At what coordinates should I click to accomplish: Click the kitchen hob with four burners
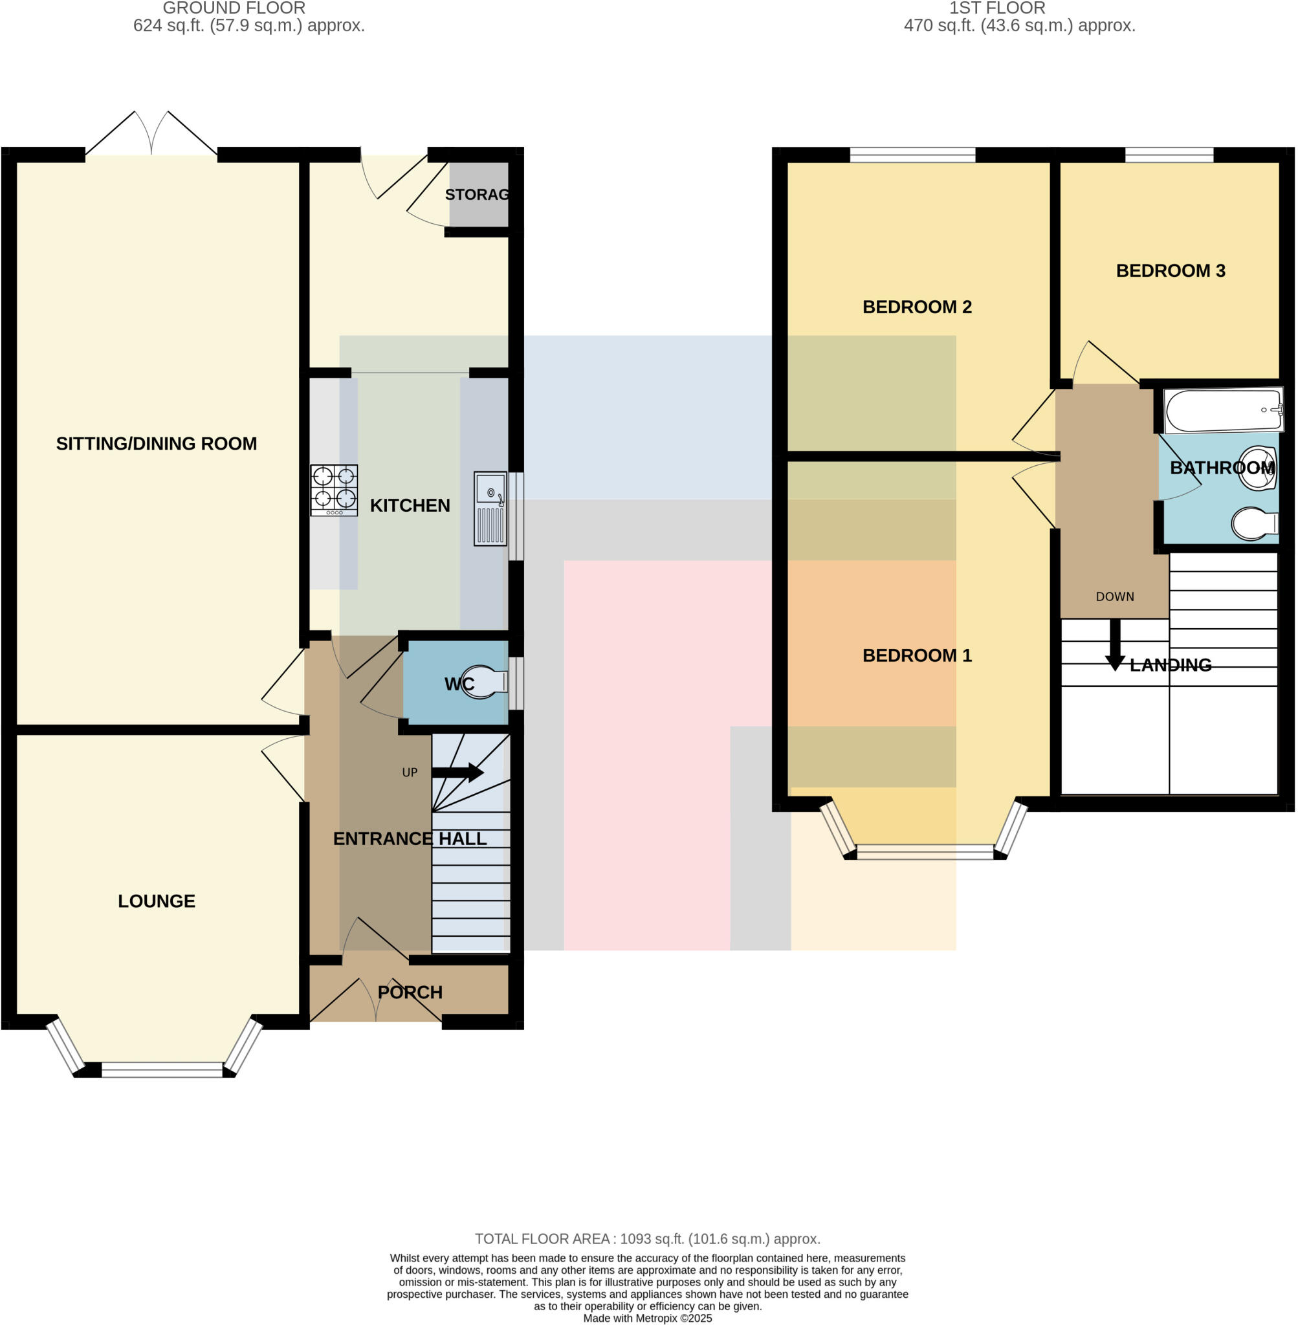coord(334,490)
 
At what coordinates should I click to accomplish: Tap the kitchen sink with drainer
coord(490,509)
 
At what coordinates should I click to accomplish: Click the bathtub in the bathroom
coord(1223,410)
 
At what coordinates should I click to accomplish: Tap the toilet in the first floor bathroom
coord(1255,523)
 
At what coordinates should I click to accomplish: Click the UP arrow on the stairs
coord(457,772)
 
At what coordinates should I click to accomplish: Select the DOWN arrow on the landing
coord(1116,644)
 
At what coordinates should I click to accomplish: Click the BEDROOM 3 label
coord(1170,270)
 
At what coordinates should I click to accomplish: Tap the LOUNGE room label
coord(156,901)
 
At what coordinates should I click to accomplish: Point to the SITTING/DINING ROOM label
coord(156,444)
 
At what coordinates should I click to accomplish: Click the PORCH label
coord(410,992)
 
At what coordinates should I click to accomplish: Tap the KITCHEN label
coord(410,505)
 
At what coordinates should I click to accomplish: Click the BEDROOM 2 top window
coord(912,155)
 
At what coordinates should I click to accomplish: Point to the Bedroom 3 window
coord(1169,155)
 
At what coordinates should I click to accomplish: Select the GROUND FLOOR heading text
coord(234,8)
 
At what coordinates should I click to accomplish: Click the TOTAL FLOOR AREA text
coord(647,1238)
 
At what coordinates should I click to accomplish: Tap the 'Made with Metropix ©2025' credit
coord(647,1318)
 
